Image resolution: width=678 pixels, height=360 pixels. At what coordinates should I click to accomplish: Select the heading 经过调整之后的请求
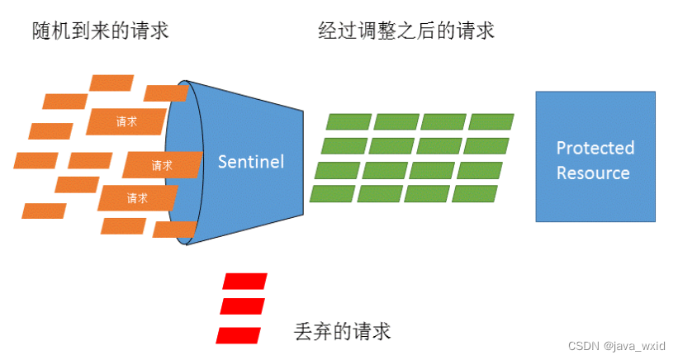pyautogui.click(x=406, y=31)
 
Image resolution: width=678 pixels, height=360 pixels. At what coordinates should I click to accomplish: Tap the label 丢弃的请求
pyautogui.click(x=342, y=332)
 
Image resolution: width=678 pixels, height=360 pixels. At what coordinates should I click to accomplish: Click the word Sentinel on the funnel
pyautogui.click(x=251, y=162)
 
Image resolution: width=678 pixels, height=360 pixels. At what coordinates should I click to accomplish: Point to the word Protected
pyautogui.click(x=595, y=149)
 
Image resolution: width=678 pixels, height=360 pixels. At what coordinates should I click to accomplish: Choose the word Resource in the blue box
pyautogui.click(x=593, y=173)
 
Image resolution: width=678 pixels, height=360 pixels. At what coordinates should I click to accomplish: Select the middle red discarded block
pyautogui.click(x=243, y=306)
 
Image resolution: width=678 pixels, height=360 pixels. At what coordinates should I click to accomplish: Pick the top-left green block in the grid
pyautogui.click(x=348, y=121)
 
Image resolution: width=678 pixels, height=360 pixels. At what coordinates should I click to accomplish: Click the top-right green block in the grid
pyautogui.click(x=491, y=121)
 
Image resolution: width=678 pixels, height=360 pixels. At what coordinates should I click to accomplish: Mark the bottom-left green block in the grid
pyautogui.click(x=332, y=194)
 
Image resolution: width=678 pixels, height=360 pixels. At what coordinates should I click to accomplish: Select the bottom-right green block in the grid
pyautogui.click(x=475, y=194)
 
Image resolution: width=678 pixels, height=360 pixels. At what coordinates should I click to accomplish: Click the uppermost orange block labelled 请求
pyautogui.click(x=126, y=121)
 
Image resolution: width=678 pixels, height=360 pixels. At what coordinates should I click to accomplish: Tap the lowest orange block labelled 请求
pyautogui.click(x=137, y=198)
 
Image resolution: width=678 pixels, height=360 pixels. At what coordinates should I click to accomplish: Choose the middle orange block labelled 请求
pyautogui.click(x=162, y=165)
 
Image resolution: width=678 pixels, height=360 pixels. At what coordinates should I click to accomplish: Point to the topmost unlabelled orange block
pyautogui.click(x=111, y=83)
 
